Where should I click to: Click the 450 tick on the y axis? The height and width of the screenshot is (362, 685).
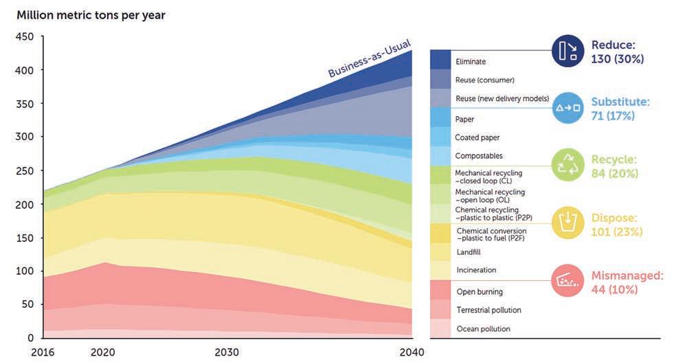coord(25,37)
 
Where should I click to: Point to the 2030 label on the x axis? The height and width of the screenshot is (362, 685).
coord(227,352)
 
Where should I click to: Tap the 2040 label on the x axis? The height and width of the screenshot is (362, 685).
coord(412,352)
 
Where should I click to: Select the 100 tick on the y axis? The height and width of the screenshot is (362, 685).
coord(25,271)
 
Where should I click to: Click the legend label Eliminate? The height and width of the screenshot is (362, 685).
coord(471,62)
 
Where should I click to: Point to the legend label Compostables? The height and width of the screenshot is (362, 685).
coord(479,156)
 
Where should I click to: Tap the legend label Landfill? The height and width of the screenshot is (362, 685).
coord(469,252)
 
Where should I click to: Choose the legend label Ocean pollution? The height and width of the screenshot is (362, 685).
coord(483,329)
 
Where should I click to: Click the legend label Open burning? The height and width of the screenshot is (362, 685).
coord(480,292)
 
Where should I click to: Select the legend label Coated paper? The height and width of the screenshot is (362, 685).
coord(477,137)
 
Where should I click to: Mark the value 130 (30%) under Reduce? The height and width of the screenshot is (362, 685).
coord(617,59)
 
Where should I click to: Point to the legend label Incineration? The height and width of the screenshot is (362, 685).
coord(476,270)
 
